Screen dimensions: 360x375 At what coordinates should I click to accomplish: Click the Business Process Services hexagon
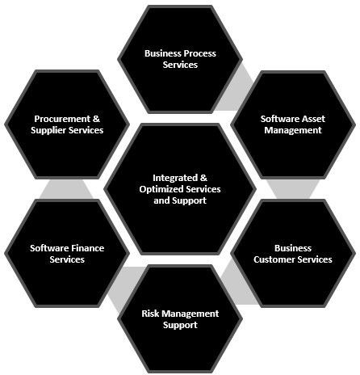click(180, 59)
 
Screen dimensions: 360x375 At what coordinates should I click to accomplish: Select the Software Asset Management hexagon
click(293, 124)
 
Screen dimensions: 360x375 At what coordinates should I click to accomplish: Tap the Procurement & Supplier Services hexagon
click(67, 124)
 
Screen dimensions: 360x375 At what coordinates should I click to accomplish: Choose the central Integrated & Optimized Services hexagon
click(180, 189)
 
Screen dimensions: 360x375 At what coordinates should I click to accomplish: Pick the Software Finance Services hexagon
click(67, 253)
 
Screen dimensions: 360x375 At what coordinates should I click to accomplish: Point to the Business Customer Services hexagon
click(293, 253)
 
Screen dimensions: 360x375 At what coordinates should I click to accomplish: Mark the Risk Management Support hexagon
click(180, 319)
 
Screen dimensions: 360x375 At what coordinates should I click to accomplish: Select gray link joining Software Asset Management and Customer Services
click(293, 189)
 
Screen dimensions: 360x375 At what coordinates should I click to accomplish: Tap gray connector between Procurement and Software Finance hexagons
click(67, 189)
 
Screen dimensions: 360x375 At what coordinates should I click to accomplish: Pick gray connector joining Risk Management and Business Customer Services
click(237, 284)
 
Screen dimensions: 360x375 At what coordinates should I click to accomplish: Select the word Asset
click(313, 119)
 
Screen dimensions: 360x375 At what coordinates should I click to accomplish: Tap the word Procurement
click(62, 119)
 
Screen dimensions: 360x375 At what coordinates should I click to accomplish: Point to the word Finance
click(87, 248)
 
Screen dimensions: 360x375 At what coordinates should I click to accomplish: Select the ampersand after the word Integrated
click(203, 178)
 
